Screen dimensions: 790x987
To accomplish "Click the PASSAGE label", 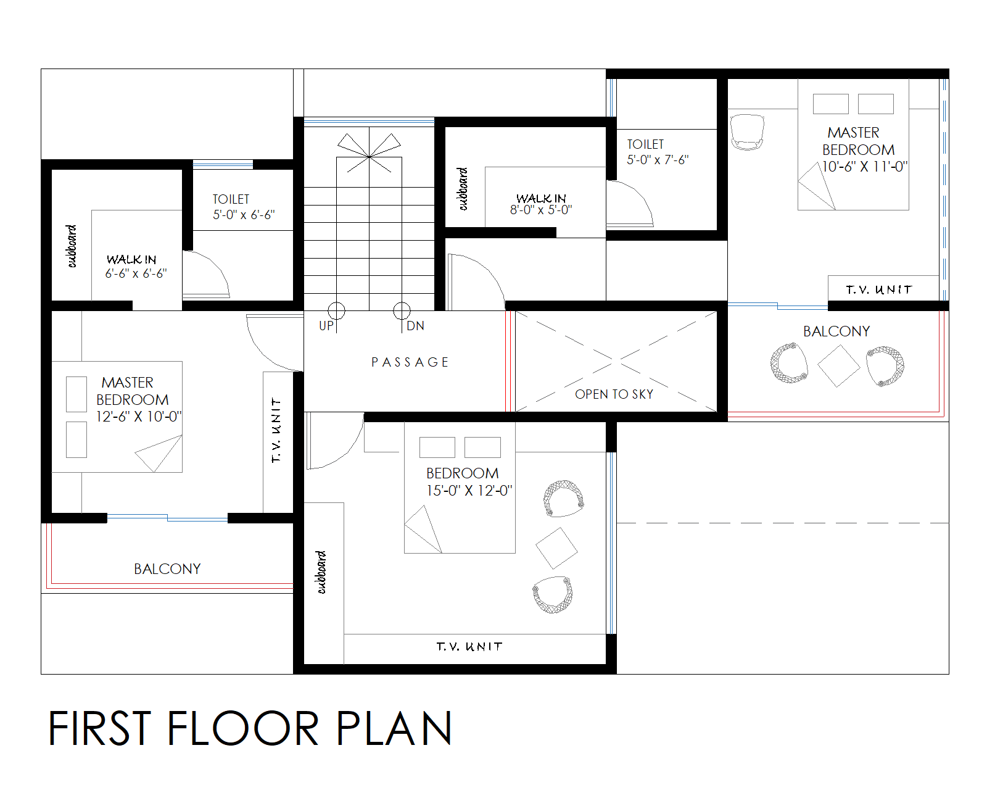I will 410,362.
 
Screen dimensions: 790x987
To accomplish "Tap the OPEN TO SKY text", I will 614,394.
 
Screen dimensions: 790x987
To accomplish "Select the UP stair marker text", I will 326,326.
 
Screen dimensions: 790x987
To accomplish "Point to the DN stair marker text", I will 415,326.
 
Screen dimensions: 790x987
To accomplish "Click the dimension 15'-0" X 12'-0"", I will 469,491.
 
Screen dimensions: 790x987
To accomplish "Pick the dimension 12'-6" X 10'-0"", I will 138,417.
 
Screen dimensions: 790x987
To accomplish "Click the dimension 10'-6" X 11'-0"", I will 864,167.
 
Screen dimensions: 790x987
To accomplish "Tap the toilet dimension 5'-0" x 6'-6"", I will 244,215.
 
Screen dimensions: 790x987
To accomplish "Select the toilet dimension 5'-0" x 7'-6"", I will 658,160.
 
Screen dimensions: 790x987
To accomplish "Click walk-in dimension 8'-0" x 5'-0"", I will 541,210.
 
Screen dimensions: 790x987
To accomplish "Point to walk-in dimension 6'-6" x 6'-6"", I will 136,273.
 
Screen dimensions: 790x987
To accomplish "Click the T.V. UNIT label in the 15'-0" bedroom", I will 469,647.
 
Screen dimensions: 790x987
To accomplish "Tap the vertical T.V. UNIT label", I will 276,430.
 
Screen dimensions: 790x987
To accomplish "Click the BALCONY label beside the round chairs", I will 836,331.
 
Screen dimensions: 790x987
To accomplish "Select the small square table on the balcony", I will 838,366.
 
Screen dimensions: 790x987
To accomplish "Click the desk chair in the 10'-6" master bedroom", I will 746,131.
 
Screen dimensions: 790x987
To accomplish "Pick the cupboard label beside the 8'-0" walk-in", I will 463,189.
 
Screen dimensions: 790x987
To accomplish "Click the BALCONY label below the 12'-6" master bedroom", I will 167,569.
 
